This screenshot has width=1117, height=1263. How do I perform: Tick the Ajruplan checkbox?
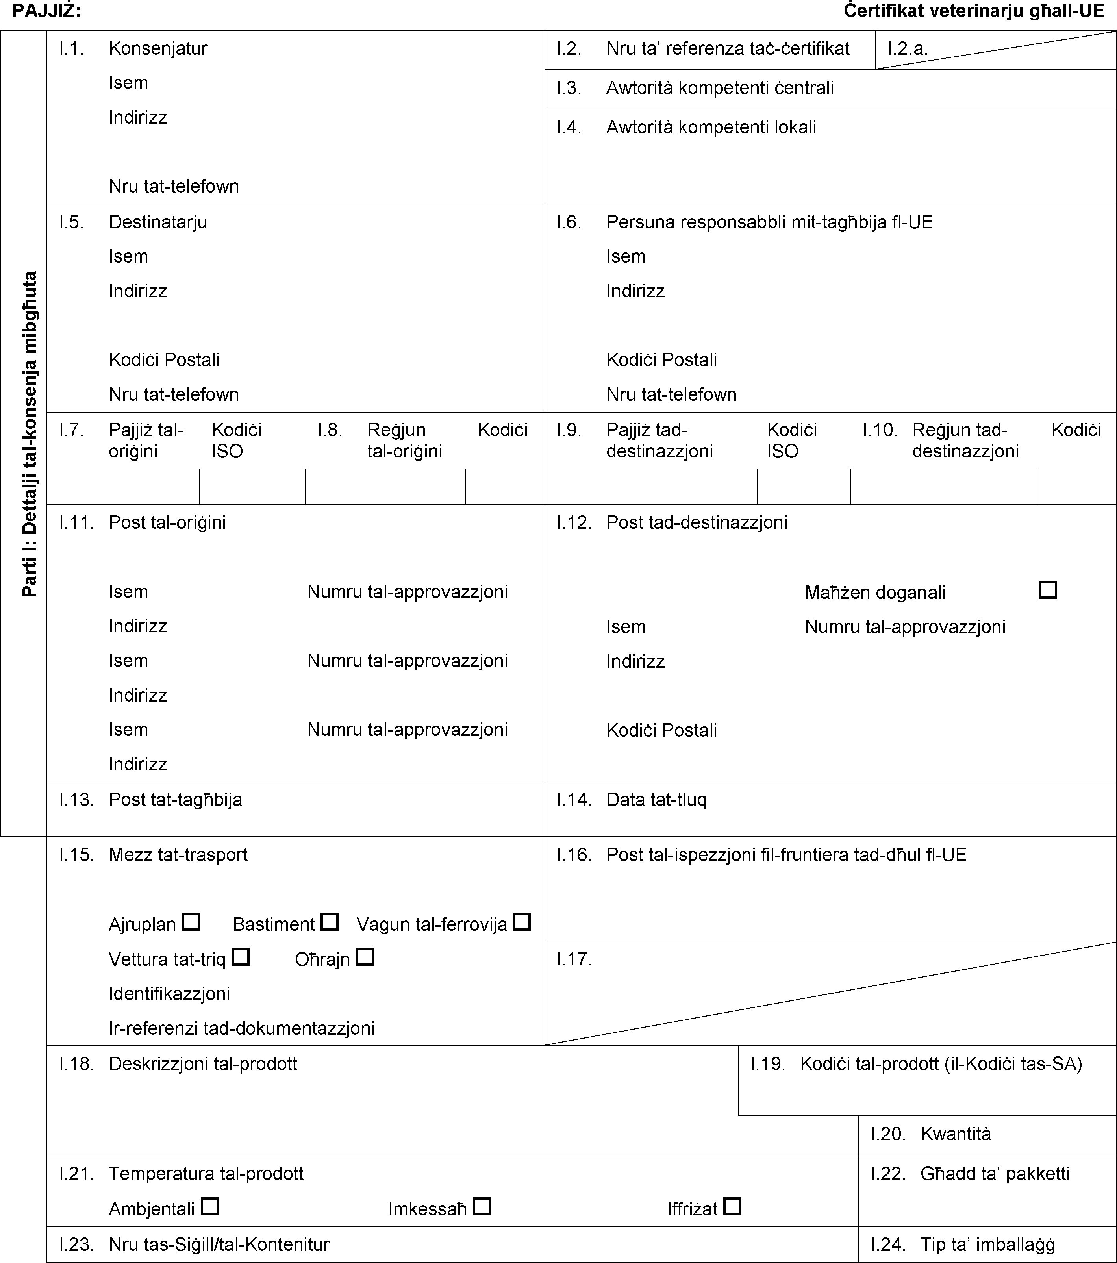[191, 922]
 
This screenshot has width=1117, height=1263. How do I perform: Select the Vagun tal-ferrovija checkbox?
[522, 922]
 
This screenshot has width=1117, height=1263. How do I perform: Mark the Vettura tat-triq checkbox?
[240, 957]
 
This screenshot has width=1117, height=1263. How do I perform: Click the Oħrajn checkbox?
[365, 957]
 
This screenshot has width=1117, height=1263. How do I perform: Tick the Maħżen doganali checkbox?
[1048, 589]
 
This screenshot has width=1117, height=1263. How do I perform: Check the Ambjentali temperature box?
[210, 1206]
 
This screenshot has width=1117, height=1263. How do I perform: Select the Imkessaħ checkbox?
[482, 1206]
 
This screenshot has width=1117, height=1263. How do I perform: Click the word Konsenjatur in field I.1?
[158, 48]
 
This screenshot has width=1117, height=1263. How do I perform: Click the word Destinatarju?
[158, 222]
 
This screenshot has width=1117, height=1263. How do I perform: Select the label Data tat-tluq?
[656, 800]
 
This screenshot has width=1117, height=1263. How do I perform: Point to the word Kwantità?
[955, 1134]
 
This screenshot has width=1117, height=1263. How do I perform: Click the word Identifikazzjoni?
[169, 994]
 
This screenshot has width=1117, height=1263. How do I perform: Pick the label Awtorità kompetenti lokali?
[711, 127]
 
